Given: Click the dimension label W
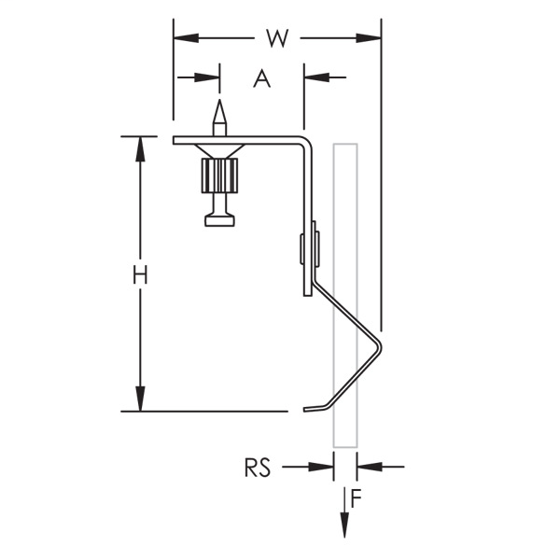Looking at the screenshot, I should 276,38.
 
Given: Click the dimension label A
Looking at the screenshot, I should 262,78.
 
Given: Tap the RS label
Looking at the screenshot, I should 258,467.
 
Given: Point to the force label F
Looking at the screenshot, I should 356,497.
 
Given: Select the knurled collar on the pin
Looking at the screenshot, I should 219,174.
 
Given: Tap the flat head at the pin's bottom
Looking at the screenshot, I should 219,220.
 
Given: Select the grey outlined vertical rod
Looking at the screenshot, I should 344,373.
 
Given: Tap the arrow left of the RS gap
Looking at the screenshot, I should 321,466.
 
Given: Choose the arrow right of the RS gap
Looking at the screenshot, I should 368,466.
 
